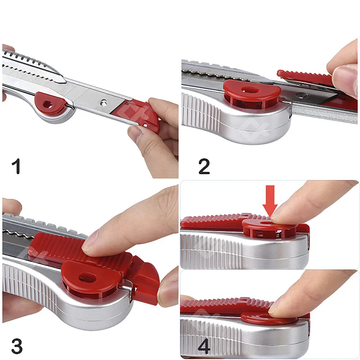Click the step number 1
point(16,166)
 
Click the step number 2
point(204,166)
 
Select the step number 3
point(17,346)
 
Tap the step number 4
point(204,346)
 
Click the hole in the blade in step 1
point(104,103)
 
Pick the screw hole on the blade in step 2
point(300,95)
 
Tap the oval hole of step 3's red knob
point(87,278)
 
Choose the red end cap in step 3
point(144,281)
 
